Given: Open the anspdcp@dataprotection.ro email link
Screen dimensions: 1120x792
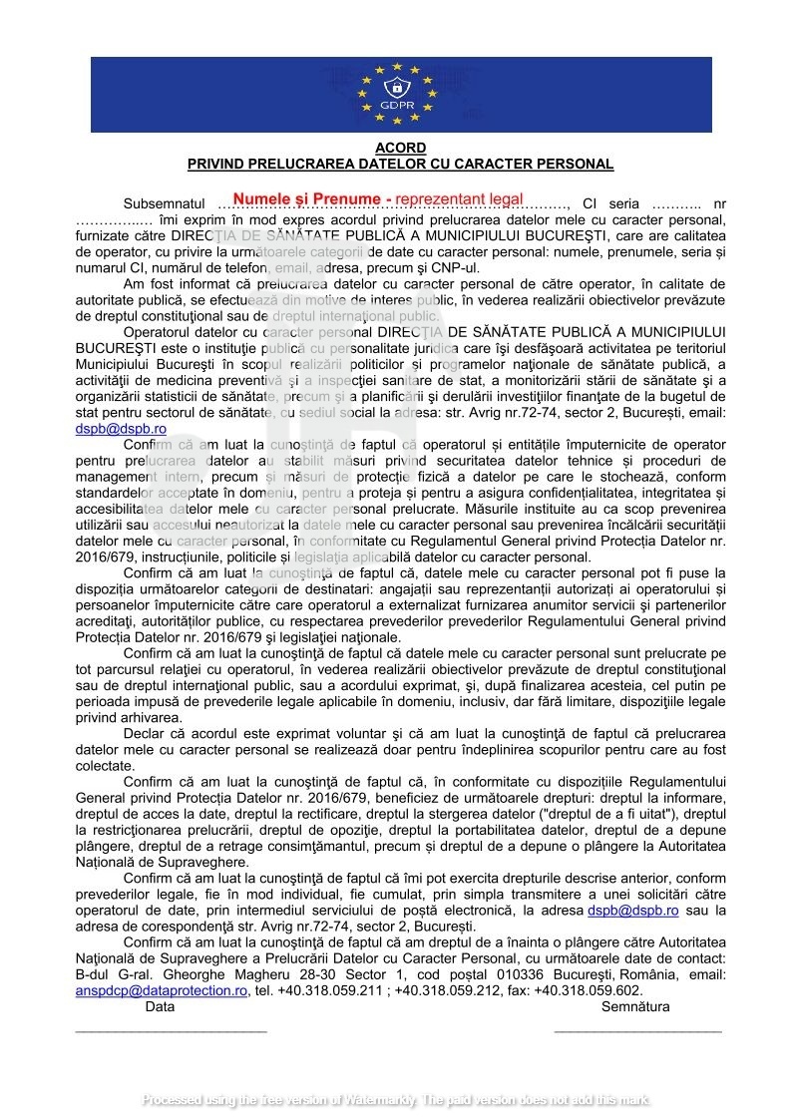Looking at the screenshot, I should point(162,990).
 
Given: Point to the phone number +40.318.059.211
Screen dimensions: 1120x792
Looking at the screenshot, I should point(332,990).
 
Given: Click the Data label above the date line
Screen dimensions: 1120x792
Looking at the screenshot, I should point(160,1007).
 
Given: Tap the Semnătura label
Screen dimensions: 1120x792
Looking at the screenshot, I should point(635,1007).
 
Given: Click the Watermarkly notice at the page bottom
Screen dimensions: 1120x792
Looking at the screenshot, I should point(396,1101).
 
